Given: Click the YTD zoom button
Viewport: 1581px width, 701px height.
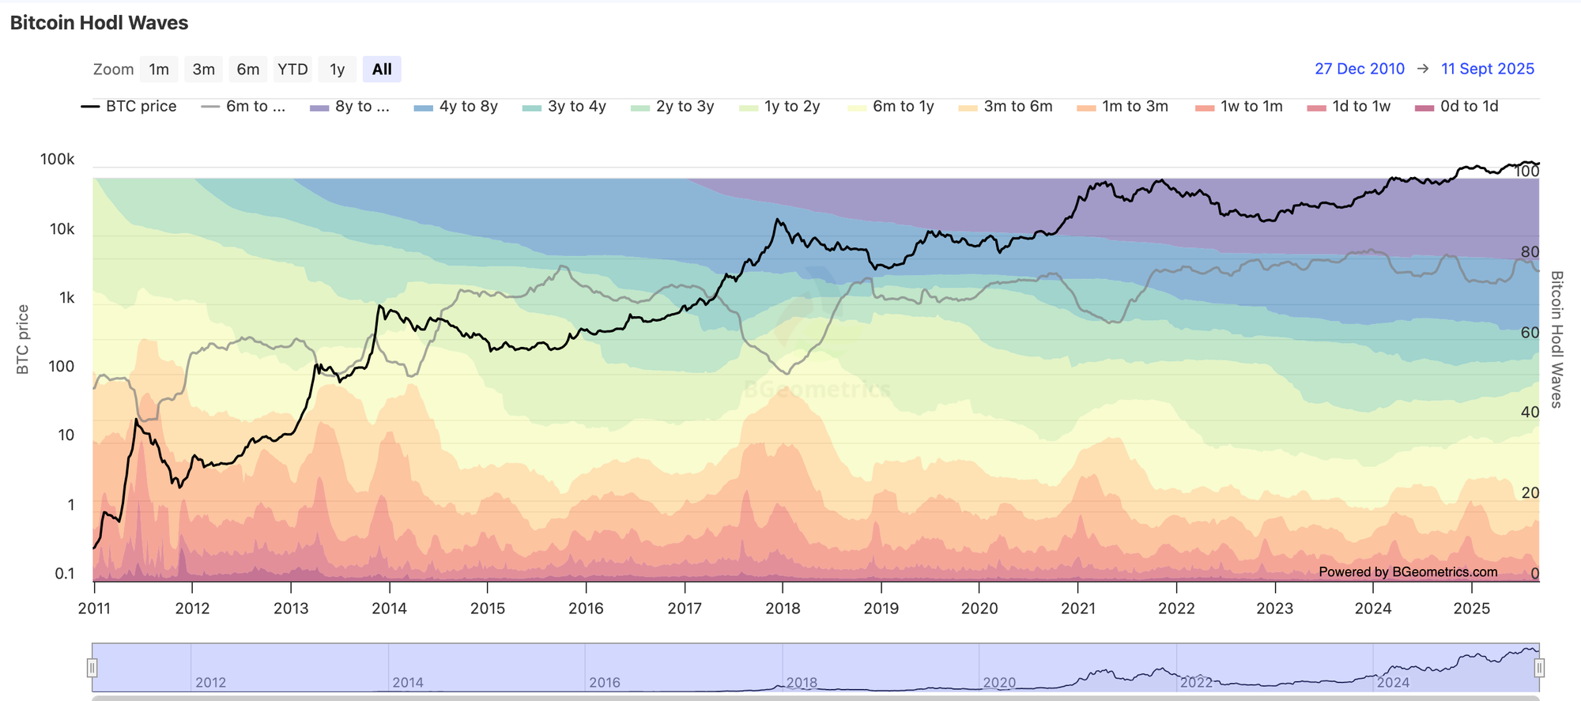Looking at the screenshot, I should point(292,70).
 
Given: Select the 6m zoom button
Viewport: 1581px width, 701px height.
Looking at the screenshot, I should point(247,70).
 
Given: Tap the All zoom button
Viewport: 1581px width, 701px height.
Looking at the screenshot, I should point(382,70).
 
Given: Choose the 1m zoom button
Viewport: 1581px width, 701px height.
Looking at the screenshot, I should point(159,70).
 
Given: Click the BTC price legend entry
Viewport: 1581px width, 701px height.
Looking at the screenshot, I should point(130,107).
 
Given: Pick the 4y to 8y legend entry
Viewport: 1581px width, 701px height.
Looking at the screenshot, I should point(457,107).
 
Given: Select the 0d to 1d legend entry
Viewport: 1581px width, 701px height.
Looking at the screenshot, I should point(1458,107).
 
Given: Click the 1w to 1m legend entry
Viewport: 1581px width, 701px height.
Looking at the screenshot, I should point(1240,107).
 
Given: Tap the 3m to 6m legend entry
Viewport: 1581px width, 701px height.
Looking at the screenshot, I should point(1006,107).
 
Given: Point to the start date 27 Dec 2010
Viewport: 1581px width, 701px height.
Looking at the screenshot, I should point(1360,69).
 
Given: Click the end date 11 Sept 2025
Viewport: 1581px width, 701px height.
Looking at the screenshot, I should point(1487,69).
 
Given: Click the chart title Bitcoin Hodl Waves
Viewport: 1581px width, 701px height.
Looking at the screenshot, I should point(100,23).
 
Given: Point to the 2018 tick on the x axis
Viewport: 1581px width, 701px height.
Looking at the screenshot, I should point(783,608).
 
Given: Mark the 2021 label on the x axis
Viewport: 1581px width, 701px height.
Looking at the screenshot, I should point(1078,608).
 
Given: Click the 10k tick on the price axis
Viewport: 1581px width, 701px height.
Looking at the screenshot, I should point(62,229).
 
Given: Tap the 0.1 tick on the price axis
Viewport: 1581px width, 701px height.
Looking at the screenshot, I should point(65,574).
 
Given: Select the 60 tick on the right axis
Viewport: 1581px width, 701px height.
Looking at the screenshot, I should point(1530,333).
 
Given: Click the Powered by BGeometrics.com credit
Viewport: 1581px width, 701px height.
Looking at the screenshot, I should point(1408,572).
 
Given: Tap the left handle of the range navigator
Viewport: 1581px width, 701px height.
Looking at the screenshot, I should point(92,669).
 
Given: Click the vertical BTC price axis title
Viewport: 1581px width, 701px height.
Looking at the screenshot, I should point(23,340).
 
